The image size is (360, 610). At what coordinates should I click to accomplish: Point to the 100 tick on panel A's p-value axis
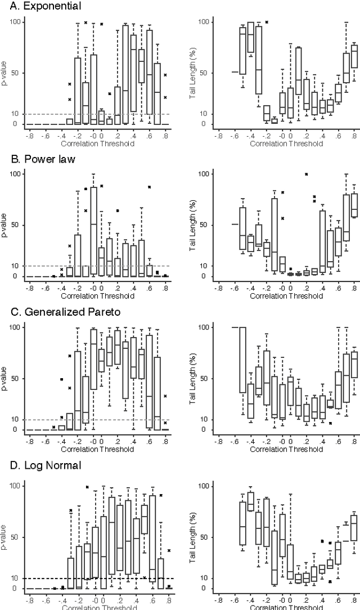[15, 22]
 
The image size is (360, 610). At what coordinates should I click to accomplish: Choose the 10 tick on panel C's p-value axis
[17, 419]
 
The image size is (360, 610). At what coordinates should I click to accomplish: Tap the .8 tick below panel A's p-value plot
[165, 136]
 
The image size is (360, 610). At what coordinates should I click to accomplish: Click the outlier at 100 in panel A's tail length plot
[267, 22]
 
